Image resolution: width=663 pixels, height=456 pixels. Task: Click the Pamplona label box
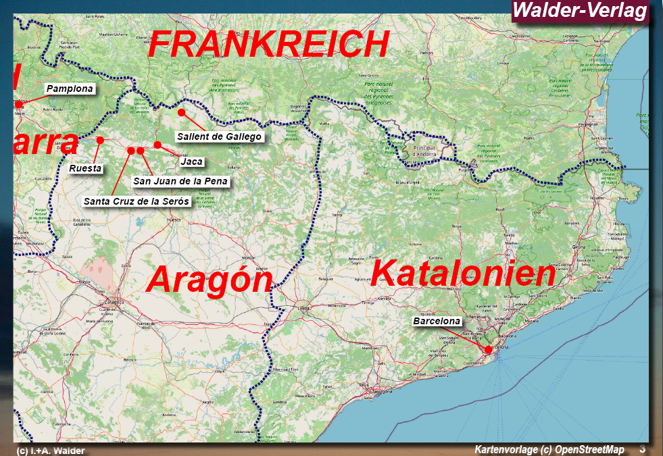click(x=70, y=88)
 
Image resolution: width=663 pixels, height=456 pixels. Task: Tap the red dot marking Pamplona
click(x=18, y=105)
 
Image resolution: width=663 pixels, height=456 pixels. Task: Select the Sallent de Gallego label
click(x=219, y=136)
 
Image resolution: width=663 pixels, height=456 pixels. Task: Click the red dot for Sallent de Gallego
click(x=181, y=111)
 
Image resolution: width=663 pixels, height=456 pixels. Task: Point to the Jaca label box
click(x=191, y=161)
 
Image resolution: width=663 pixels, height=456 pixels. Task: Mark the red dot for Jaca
click(x=157, y=145)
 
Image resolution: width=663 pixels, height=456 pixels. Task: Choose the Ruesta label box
click(x=85, y=168)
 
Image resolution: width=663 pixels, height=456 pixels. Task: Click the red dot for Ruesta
click(x=100, y=140)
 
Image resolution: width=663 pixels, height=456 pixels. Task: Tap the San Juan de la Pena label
click(x=180, y=181)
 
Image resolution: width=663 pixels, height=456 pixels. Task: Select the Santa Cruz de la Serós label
click(x=137, y=201)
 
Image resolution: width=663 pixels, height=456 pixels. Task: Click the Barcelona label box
click(x=437, y=322)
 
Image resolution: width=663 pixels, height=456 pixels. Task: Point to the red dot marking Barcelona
click(x=488, y=349)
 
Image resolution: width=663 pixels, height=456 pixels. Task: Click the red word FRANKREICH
click(x=268, y=45)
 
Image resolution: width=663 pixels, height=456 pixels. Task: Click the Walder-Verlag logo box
click(x=580, y=11)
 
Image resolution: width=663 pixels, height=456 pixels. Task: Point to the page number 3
click(x=642, y=449)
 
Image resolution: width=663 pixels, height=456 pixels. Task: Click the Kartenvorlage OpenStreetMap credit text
click(x=549, y=449)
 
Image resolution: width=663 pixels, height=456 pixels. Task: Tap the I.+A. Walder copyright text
click(x=51, y=451)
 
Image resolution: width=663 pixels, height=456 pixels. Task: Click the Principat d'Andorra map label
click(x=424, y=151)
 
